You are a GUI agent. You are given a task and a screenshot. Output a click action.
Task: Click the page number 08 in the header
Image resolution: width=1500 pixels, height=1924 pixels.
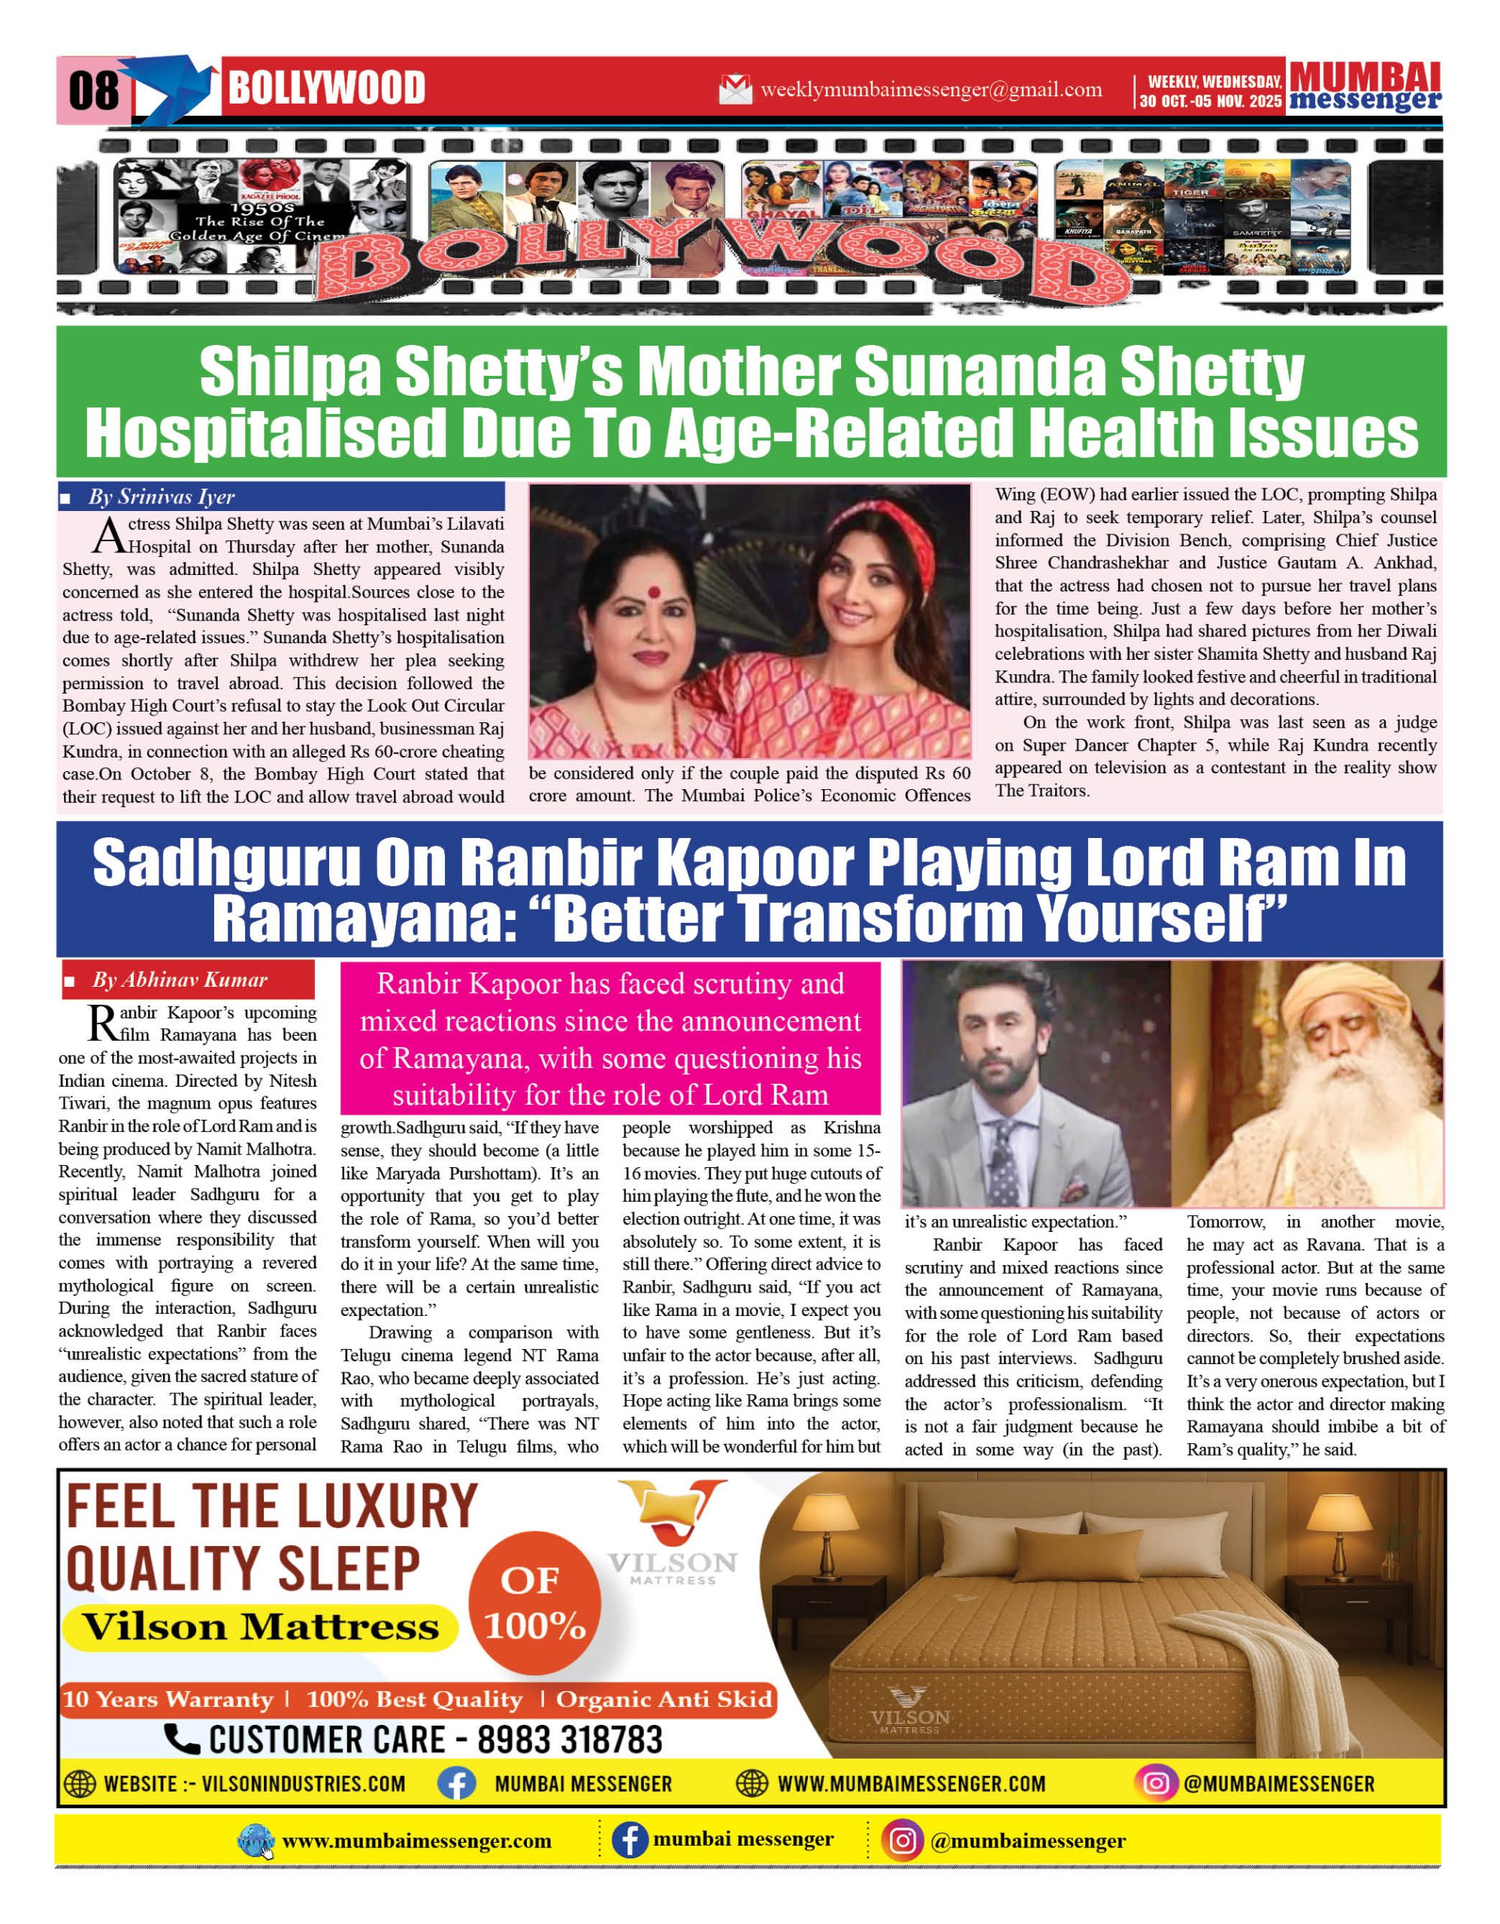point(93,90)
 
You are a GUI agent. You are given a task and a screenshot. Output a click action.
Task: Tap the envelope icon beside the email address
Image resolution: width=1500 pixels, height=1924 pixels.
point(734,89)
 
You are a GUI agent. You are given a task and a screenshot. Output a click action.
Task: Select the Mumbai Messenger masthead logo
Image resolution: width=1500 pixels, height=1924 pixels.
point(1365,86)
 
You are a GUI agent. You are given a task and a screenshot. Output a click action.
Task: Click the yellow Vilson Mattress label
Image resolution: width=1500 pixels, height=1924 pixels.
point(261,1627)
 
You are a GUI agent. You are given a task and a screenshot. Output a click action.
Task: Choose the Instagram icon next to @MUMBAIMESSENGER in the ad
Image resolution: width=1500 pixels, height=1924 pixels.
point(1156,1784)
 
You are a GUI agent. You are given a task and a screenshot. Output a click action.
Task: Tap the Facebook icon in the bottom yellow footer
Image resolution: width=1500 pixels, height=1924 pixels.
point(630,1841)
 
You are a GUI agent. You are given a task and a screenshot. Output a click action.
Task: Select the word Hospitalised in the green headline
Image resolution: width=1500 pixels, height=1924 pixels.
point(261,434)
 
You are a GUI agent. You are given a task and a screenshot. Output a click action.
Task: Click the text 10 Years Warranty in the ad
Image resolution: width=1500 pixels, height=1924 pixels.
point(168,1699)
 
